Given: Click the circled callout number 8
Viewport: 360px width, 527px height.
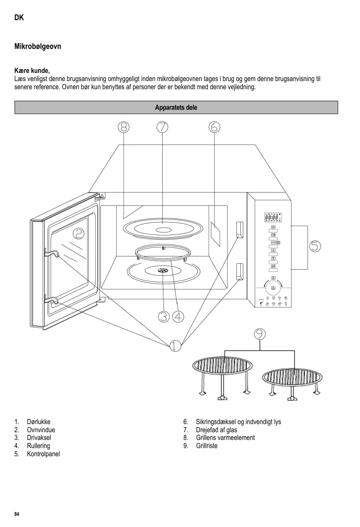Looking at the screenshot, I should pyautogui.click(x=124, y=127).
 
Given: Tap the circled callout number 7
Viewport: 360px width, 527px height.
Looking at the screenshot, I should pyautogui.click(x=163, y=127).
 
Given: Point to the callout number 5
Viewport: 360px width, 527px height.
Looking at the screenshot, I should pyautogui.click(x=315, y=246).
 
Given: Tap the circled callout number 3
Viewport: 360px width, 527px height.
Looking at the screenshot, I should pyautogui.click(x=163, y=316).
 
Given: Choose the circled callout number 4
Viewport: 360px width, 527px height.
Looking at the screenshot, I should pyautogui.click(x=178, y=316).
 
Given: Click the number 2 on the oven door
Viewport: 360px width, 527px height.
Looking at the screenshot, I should pyautogui.click(x=79, y=233).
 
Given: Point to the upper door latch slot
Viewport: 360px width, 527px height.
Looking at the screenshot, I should pyautogui.click(x=239, y=230).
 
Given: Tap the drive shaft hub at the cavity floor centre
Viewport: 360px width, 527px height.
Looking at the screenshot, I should pyautogui.click(x=163, y=271).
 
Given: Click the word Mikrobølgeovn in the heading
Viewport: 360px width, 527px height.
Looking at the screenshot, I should pyautogui.click(x=38, y=46).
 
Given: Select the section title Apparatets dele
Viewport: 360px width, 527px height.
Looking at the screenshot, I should pyautogui.click(x=176, y=108).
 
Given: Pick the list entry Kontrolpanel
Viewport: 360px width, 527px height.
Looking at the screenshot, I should pyautogui.click(x=43, y=454).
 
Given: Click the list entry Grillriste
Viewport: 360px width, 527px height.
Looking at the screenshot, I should pyautogui.click(x=206, y=446).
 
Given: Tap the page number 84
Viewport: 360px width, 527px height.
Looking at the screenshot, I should pyautogui.click(x=17, y=514).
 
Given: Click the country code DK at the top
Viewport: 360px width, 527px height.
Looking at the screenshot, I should pyautogui.click(x=19, y=18).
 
